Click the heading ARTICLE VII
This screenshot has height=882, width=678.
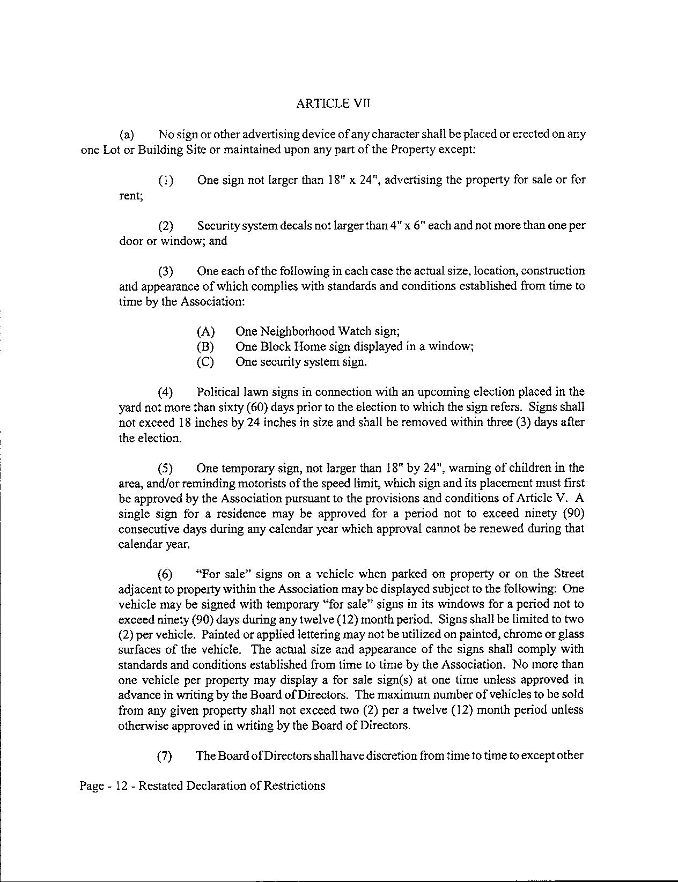pyautogui.click(x=333, y=104)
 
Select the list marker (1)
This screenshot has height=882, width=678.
pyautogui.click(x=166, y=181)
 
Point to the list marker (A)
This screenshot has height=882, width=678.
pyautogui.click(x=205, y=332)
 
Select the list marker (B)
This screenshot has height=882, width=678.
pyautogui.click(x=205, y=347)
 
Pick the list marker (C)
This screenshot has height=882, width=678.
pyautogui.click(x=205, y=362)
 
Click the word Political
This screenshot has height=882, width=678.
pyautogui.click(x=219, y=392)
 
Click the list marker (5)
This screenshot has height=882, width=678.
pyautogui.click(x=165, y=468)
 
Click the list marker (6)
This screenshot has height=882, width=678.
pyautogui.click(x=165, y=574)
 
